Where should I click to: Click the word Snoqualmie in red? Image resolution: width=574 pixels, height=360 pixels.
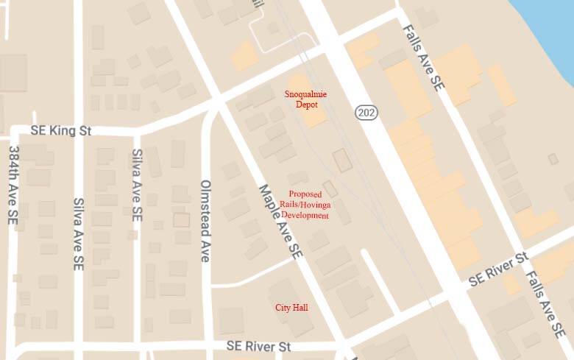point(305,94)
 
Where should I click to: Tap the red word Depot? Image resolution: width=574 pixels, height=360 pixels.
point(306,105)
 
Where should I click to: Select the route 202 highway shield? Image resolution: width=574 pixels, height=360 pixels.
point(366,112)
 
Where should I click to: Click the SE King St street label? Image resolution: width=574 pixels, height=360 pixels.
point(60,130)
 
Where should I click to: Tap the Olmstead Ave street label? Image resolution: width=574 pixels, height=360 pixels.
point(205,221)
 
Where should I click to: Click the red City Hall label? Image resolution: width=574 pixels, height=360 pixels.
point(291,307)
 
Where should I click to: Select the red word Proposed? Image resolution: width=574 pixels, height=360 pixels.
point(305,194)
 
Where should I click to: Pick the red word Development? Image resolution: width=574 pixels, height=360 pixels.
point(309,216)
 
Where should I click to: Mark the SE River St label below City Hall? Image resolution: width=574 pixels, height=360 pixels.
point(258,345)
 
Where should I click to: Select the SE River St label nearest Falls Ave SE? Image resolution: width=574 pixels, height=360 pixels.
point(498,270)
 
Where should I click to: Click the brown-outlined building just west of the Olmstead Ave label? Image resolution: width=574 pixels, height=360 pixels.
point(181,219)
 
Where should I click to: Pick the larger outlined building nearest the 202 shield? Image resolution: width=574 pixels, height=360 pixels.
point(341,161)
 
